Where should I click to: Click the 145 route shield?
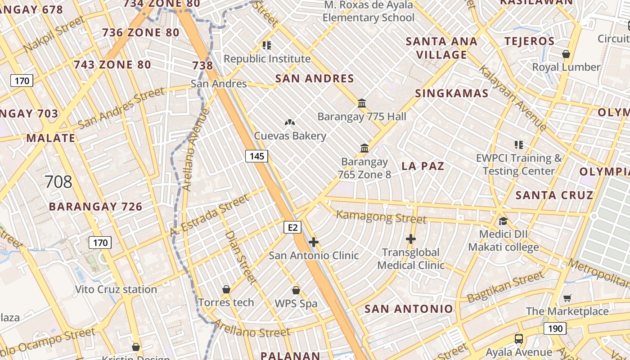click(256, 156)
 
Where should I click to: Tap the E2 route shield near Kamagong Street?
click(292, 227)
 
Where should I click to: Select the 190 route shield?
click(555, 328)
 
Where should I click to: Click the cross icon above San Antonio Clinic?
click(314, 243)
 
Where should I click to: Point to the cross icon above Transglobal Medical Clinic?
click(410, 239)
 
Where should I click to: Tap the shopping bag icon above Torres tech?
click(226, 289)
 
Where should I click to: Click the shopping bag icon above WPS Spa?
click(296, 290)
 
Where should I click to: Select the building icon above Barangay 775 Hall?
click(362, 103)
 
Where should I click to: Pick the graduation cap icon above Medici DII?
click(503, 221)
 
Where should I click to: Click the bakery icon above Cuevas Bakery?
click(290, 122)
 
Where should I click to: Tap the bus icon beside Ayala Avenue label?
click(518, 339)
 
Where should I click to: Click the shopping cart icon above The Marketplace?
click(567, 298)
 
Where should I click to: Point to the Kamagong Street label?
click(381, 216)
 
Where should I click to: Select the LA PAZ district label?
click(423, 166)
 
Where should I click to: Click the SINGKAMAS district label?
click(451, 93)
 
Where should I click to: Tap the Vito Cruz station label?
click(116, 289)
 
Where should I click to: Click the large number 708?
click(58, 182)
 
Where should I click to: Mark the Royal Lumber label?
click(566, 67)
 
